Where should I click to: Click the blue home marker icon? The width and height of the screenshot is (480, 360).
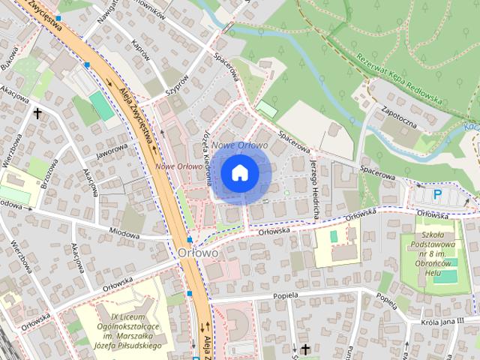(x=239, y=173)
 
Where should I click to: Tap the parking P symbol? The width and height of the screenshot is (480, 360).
(x=438, y=195)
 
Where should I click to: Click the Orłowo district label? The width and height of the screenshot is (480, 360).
(x=199, y=253)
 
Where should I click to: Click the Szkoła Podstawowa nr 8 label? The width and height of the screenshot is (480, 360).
(x=438, y=249)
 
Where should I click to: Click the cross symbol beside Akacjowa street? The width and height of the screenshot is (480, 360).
(x=37, y=113)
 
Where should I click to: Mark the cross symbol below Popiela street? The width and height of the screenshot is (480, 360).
(x=305, y=349)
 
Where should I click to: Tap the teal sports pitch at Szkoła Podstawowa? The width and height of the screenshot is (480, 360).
(x=445, y=276)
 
